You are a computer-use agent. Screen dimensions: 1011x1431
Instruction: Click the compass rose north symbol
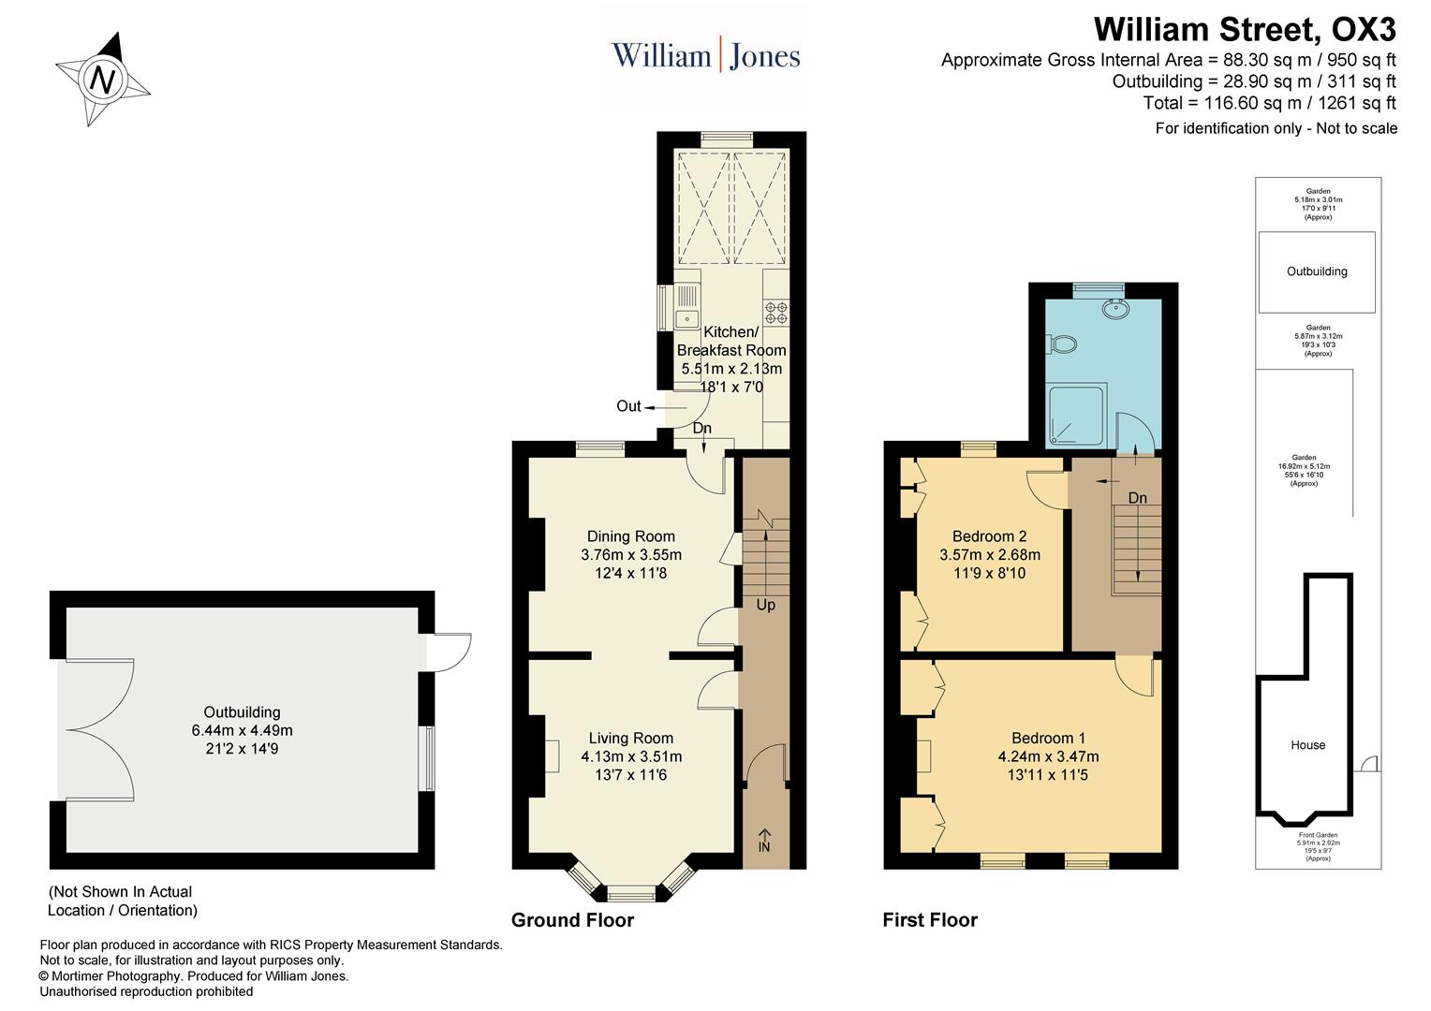[x=102, y=80]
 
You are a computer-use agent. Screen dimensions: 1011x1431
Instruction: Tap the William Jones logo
[x=705, y=55]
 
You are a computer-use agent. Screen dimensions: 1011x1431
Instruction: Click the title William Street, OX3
[x=1244, y=30]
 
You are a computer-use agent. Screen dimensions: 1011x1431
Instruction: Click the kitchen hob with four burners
[x=776, y=312]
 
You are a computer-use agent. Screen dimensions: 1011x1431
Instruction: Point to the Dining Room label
[x=630, y=536]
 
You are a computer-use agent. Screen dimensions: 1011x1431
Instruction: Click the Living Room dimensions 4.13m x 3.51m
[x=630, y=756]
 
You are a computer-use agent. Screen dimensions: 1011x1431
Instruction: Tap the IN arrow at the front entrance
[x=764, y=841]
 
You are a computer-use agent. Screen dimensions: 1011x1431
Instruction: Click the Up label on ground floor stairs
[x=765, y=605]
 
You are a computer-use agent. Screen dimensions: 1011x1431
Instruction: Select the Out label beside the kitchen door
[x=628, y=406]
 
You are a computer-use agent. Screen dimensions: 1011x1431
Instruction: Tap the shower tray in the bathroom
[x=1076, y=414]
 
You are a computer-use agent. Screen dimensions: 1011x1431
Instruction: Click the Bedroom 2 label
[x=989, y=536]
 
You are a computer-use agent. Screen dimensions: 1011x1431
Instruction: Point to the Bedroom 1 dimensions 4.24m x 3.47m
[x=1048, y=756]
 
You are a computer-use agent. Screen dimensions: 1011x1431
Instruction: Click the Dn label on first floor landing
[x=1137, y=498]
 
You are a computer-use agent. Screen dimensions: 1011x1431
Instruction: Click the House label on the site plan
[x=1307, y=745]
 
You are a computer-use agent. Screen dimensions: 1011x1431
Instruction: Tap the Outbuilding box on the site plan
[x=1316, y=271]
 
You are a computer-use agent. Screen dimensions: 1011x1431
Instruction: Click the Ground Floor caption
[x=572, y=920]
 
